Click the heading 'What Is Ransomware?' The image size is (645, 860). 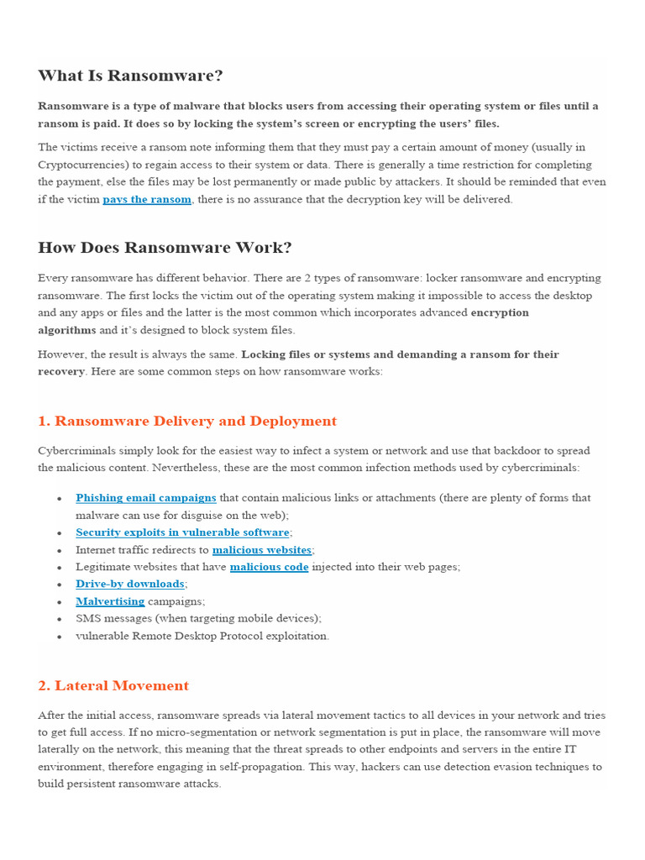click(130, 76)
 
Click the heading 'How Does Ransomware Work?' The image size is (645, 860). click(165, 248)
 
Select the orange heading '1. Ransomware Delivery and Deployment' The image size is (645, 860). click(187, 422)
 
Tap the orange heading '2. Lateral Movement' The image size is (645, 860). click(113, 686)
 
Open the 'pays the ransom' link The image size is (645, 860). click(147, 200)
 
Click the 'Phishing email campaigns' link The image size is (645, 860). click(146, 498)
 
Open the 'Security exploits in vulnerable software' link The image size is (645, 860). click(182, 532)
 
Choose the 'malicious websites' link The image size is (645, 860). click(262, 550)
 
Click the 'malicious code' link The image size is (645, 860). click(269, 567)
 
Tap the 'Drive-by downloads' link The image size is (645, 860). click(130, 584)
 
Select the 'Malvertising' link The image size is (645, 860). click(110, 601)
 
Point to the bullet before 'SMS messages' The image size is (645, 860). click(60, 619)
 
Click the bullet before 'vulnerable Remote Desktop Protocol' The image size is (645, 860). click(60, 637)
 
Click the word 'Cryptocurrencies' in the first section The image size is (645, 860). click(80, 165)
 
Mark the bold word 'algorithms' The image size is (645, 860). click(66, 330)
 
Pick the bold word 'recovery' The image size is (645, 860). click(60, 371)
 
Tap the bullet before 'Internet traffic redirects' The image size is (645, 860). click(60, 550)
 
